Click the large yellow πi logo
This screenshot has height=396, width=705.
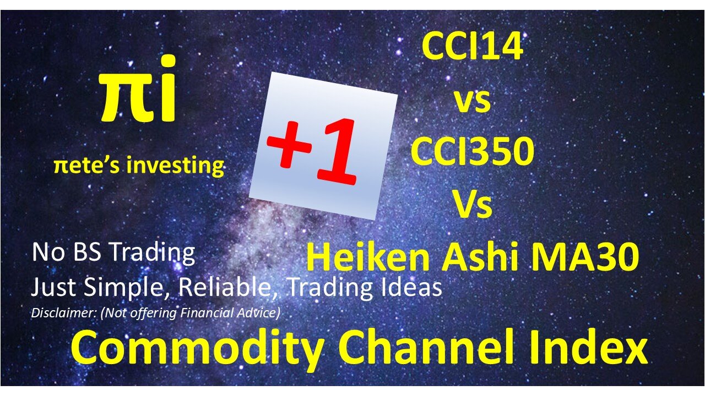[x=138, y=89]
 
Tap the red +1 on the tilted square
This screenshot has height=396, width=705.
[x=312, y=150]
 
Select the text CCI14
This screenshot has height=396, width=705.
[x=473, y=47]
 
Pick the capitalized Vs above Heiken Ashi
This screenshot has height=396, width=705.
[x=473, y=204]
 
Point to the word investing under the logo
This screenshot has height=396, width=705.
[x=175, y=166]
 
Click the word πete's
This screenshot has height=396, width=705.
[x=87, y=166]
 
